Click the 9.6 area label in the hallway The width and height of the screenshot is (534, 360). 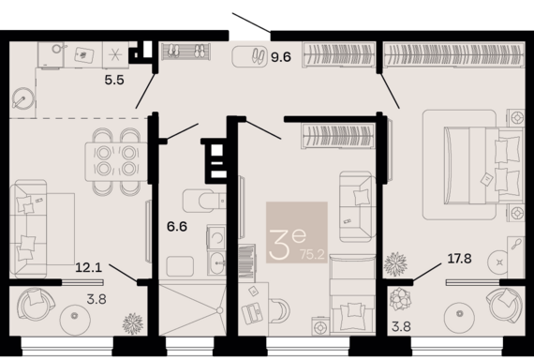pos(281,57)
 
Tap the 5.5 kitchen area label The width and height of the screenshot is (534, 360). pos(114,80)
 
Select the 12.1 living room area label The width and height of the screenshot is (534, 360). pos(89,267)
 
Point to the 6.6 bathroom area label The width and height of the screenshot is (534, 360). pos(177,226)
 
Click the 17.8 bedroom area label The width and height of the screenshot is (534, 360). pos(459,259)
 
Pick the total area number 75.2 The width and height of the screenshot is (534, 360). pos(313,254)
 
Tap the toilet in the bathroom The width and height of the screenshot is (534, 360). pos(204,202)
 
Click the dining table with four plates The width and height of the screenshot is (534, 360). pos(116,161)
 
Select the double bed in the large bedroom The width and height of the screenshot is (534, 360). pos(483,166)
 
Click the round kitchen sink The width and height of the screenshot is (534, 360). pos(23,98)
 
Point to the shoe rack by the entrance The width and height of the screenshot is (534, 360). pos(185,52)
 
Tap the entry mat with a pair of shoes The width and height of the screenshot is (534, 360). pos(249,56)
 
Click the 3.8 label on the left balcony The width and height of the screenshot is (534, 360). pos(96,299)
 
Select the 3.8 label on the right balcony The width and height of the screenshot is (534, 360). pos(401,326)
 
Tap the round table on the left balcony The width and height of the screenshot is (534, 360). pos(75,316)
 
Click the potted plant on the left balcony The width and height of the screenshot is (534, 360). pos(132,323)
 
